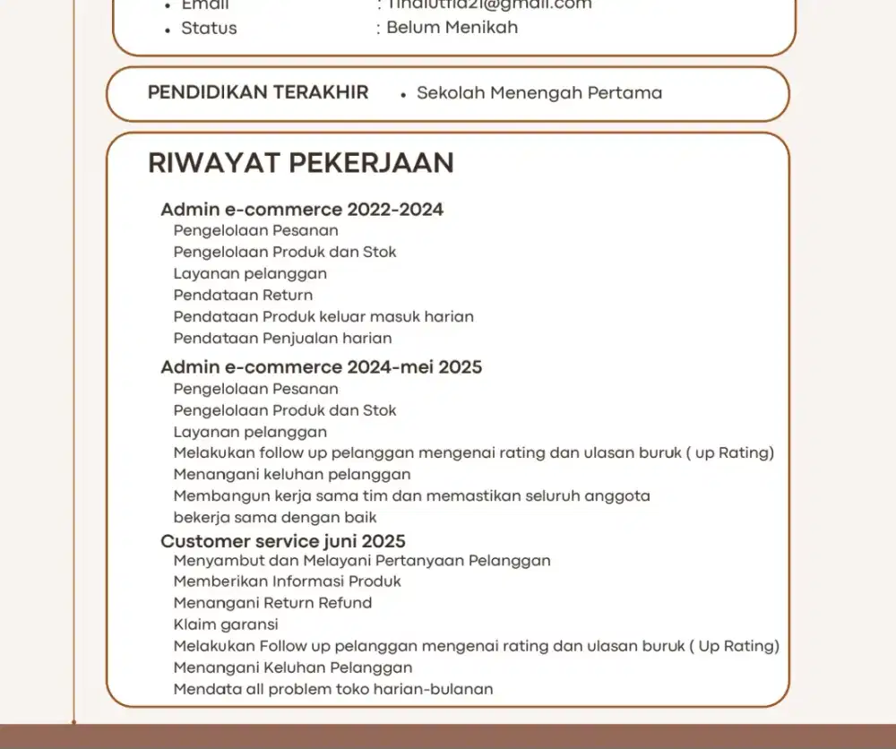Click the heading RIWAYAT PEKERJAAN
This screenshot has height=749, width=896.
click(300, 163)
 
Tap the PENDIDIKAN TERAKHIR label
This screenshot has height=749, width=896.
click(258, 92)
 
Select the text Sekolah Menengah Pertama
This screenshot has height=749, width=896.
click(539, 93)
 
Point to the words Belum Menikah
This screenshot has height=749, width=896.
click(452, 28)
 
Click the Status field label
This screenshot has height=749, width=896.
click(209, 28)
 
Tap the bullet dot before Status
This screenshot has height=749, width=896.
click(168, 30)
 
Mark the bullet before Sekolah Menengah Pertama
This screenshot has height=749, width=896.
click(404, 94)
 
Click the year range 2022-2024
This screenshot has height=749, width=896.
click(395, 210)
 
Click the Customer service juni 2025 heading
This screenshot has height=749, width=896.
click(282, 541)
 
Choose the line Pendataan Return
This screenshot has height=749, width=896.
click(243, 295)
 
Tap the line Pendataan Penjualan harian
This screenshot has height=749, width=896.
click(282, 339)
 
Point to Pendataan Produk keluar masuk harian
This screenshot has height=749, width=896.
click(323, 316)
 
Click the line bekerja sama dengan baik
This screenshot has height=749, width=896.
click(275, 517)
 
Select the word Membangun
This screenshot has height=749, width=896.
click(215, 495)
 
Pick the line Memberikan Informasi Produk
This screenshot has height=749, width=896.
click(287, 581)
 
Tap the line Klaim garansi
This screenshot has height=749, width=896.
click(226, 624)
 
